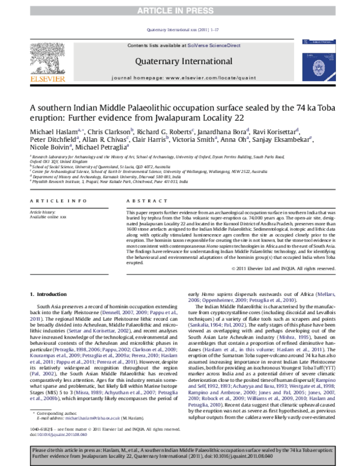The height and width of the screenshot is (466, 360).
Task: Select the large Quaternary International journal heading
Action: (x=179, y=60)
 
